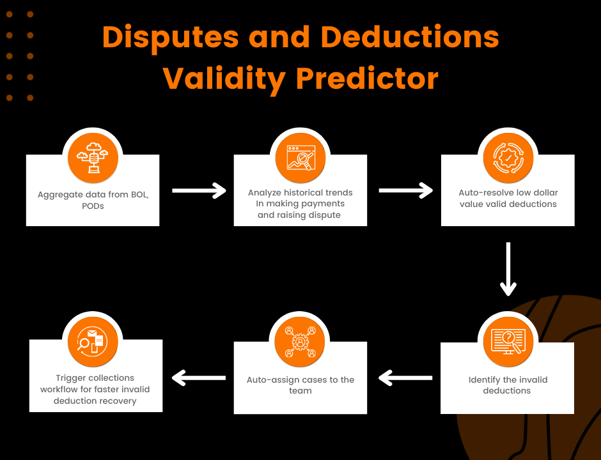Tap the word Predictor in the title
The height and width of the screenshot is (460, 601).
tap(367, 79)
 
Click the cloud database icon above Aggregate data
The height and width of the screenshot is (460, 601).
tap(93, 157)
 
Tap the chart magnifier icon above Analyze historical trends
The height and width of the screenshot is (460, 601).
tap(301, 157)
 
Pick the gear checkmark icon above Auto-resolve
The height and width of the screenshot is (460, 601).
tap(508, 157)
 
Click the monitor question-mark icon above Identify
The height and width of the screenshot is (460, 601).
tap(508, 342)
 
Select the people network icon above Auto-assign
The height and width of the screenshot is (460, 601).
tap(300, 342)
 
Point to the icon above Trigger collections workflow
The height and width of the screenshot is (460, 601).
tap(92, 342)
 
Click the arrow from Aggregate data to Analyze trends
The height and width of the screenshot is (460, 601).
tap(199, 190)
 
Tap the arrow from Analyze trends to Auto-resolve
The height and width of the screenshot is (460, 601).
tap(406, 190)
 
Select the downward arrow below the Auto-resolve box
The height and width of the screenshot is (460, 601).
tap(508, 269)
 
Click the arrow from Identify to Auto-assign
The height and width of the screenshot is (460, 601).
tap(405, 378)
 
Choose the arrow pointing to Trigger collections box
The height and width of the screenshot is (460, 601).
tap(199, 378)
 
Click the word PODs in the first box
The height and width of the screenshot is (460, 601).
tap(93, 206)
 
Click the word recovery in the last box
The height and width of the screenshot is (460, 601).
tap(117, 401)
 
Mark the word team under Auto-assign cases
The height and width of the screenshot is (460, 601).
tap(300, 390)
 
